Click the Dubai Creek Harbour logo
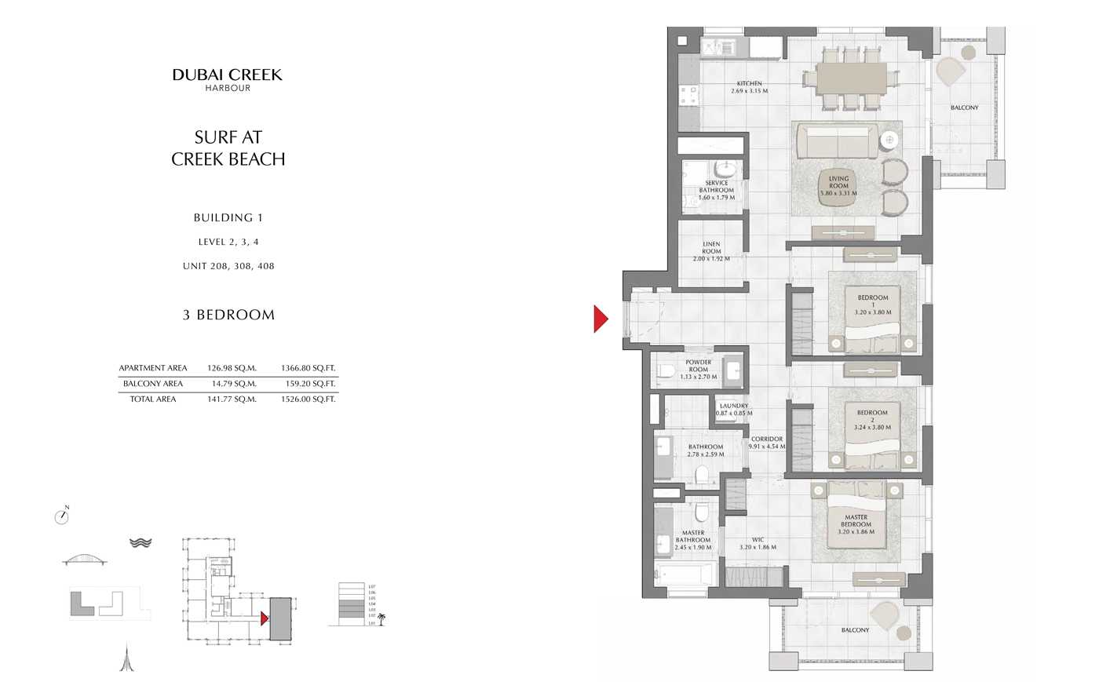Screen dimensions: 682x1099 227,79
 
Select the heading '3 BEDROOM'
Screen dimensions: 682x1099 228,315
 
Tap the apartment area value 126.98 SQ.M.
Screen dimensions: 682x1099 232,368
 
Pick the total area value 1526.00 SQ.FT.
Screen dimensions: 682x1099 308,399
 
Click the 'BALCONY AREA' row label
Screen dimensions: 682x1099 153,384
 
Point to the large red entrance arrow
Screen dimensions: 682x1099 601,319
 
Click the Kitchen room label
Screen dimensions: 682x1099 749,87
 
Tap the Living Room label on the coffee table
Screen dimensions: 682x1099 838,186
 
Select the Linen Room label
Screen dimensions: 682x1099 711,251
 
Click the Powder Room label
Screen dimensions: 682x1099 698,370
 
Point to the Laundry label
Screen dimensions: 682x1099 734,410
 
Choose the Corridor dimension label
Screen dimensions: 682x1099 766,443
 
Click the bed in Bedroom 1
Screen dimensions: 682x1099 873,322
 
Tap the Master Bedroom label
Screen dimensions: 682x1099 856,524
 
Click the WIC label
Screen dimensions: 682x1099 758,544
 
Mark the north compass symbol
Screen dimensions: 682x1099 62,516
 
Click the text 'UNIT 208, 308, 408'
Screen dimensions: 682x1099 228,266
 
